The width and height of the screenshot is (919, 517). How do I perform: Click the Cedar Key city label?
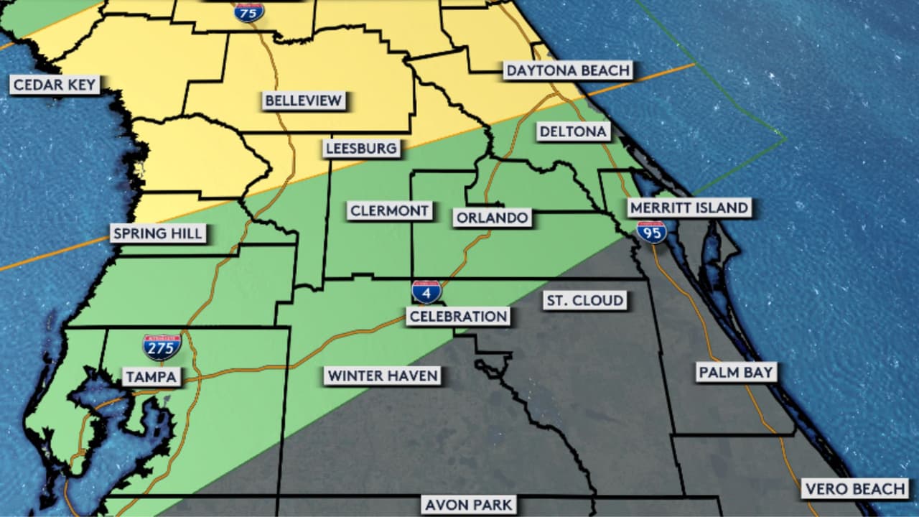55,85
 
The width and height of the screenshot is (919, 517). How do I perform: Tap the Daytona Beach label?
568,70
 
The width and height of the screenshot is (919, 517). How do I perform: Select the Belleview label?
304,101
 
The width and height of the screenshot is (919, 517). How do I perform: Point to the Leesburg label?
361,149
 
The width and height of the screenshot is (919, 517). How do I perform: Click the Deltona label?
574,131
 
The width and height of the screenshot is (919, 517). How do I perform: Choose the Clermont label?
390,210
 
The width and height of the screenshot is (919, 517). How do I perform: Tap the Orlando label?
492,218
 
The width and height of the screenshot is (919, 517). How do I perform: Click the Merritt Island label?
689,208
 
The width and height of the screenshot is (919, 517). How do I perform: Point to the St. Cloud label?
584,300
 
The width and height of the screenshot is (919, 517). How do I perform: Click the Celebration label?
458,316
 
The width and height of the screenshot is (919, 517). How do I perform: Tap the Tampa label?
151,376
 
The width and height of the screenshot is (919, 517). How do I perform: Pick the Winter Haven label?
382,376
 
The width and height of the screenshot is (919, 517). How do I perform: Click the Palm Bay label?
735,372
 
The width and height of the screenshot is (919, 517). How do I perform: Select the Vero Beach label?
855,489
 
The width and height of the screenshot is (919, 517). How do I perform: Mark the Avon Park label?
469,504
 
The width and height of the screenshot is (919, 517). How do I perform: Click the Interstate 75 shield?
248,11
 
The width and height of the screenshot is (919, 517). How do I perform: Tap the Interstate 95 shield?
651,231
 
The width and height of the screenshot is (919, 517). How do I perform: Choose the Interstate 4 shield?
426,292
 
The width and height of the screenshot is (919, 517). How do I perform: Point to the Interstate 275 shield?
162,348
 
